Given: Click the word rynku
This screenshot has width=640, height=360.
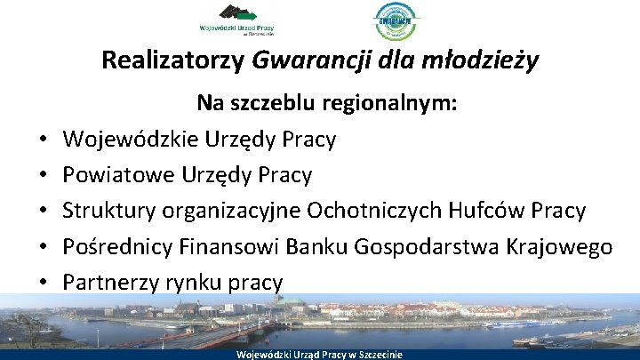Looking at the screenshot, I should tap(207, 283).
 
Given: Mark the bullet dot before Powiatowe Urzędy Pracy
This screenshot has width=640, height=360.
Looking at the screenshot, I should tap(43, 176).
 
